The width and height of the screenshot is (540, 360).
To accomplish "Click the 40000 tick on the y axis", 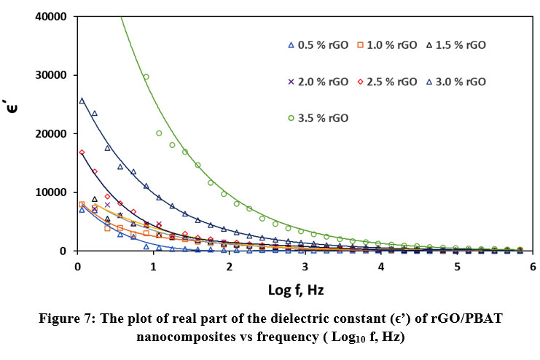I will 52,17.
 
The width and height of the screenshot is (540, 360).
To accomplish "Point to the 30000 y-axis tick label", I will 52,75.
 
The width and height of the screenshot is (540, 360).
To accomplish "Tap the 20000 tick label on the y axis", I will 52,134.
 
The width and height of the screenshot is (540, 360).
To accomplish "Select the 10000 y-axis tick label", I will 52,192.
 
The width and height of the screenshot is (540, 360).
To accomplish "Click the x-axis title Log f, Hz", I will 295,290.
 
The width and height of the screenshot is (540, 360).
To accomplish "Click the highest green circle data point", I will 146,77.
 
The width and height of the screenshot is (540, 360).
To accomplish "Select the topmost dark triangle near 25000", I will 82,101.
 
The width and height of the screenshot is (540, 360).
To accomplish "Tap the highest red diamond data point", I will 82,152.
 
